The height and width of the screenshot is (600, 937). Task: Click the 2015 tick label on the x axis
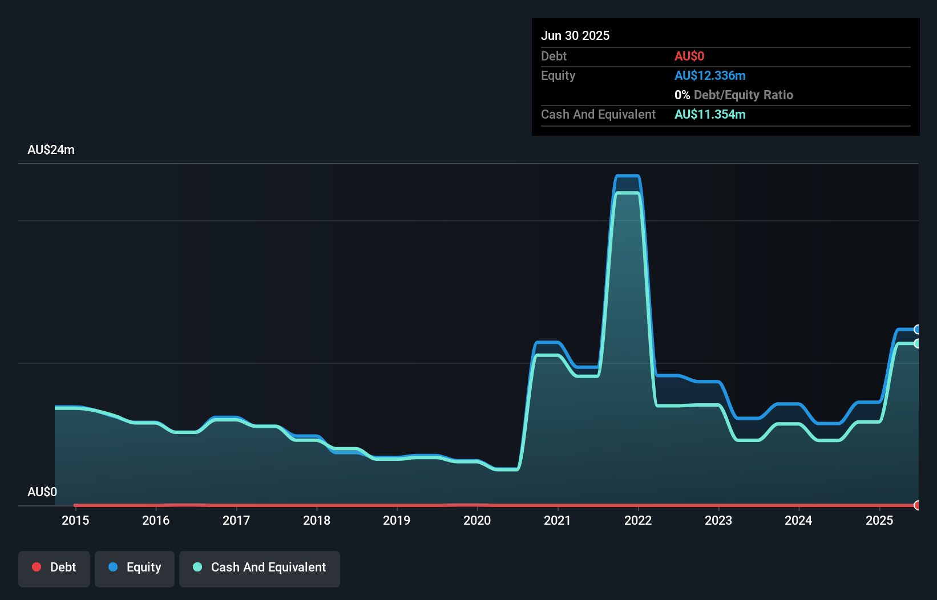pyautogui.click(x=75, y=520)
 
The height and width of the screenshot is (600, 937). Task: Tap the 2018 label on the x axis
pyautogui.click(x=316, y=520)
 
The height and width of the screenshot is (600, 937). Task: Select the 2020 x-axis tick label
pyautogui.click(x=477, y=520)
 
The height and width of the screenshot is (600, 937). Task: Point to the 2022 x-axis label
pyautogui.click(x=637, y=520)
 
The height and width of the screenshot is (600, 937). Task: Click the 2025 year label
pyautogui.click(x=879, y=520)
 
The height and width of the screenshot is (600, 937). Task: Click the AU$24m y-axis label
pyautogui.click(x=51, y=149)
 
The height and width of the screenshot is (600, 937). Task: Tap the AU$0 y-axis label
pyautogui.click(x=42, y=492)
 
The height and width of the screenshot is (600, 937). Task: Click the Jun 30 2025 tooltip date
pyautogui.click(x=575, y=35)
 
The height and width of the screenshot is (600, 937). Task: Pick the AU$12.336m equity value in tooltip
pyautogui.click(x=710, y=75)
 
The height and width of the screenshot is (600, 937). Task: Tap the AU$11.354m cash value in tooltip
pyautogui.click(x=710, y=114)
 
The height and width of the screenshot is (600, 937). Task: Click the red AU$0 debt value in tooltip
pyautogui.click(x=689, y=56)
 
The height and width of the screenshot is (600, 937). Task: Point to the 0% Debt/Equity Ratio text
pyautogui.click(x=734, y=95)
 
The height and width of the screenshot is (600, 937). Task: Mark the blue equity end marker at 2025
pyautogui.click(x=918, y=329)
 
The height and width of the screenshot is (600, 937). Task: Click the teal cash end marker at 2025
pyautogui.click(x=918, y=343)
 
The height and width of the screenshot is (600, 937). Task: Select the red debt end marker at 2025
pyautogui.click(x=918, y=505)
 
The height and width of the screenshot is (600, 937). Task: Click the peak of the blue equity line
pyautogui.click(x=628, y=176)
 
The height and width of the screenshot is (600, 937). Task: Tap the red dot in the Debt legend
pyautogui.click(x=37, y=567)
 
